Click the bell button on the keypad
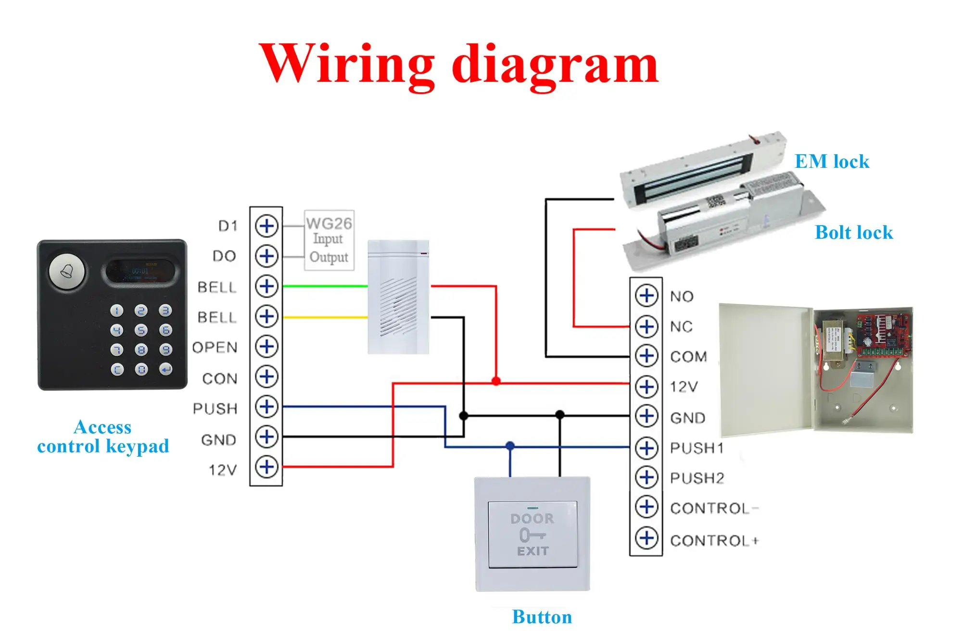[67, 272]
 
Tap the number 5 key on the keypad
[140, 330]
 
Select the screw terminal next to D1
[266, 226]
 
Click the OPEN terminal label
[215, 348]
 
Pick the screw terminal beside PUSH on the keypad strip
[266, 407]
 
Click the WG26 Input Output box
[329, 240]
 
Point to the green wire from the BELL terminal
[325, 286]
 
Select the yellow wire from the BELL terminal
[325, 317]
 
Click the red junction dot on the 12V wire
[496, 381]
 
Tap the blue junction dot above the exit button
[510, 446]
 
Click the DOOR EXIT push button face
[532, 534]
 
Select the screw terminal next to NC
[646, 326]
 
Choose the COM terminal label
[688, 357]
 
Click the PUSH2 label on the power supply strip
[697, 478]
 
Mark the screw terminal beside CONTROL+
[646, 538]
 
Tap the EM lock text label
[832, 162]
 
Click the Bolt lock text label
[854, 233]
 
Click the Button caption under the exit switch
[542, 617]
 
